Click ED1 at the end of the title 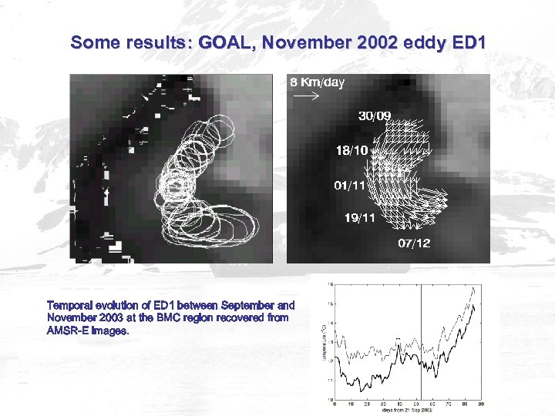click(467, 43)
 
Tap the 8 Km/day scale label click(317, 82)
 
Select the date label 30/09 click(375, 116)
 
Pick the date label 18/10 click(351, 150)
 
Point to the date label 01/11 click(349, 186)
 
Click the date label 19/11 click(360, 218)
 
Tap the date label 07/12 click(414, 243)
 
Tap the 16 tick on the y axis click(331, 283)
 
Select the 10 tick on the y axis click(331, 399)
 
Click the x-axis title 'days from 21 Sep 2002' click(406, 411)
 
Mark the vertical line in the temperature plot click(421, 339)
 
